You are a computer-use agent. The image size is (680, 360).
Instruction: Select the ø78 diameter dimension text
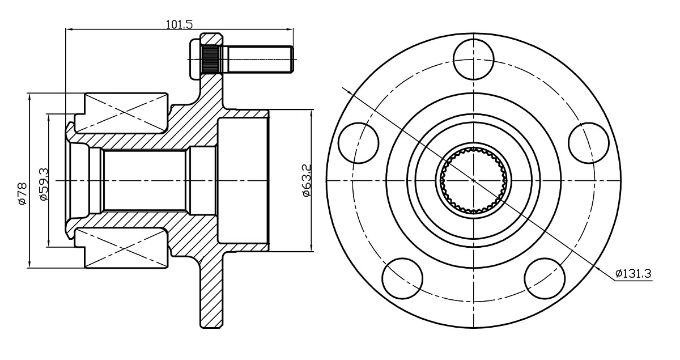tap(21, 193)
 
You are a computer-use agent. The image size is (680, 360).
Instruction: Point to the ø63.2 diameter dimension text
tap(305, 181)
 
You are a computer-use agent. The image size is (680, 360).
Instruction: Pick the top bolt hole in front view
tap(473, 60)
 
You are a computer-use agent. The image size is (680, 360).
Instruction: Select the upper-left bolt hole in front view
tap(359, 142)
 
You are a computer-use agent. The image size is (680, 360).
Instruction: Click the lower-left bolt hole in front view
tap(403, 278)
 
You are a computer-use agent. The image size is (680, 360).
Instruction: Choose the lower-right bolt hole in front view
tap(545, 278)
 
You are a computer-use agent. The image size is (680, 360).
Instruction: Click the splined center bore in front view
tap(473, 180)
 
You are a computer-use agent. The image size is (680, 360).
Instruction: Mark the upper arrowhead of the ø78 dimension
tap(28, 96)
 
